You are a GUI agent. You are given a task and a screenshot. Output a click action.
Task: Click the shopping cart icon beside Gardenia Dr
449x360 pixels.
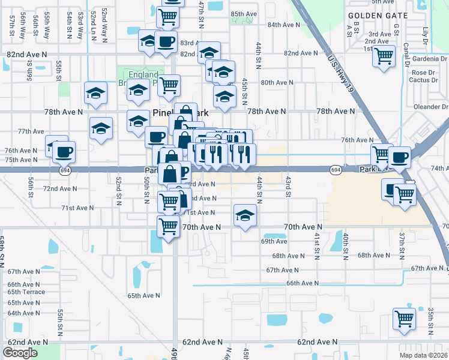pos(384,57)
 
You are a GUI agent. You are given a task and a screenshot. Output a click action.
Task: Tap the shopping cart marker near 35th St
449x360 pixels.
pos(404,319)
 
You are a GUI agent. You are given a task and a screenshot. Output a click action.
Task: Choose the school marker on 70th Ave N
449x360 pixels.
pos(244,217)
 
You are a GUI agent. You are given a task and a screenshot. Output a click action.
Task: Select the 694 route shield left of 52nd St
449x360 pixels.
pos(64,170)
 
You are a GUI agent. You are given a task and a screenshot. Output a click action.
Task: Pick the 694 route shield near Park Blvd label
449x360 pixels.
pos(336,170)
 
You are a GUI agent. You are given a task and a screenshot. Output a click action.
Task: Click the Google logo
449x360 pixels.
pos(20,353)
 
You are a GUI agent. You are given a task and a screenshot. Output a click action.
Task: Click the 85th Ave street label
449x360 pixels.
pos(244,14)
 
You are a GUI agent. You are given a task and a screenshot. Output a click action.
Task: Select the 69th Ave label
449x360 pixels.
pos(274,241)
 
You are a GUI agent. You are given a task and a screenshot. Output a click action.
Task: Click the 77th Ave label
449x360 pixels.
pos(31,131)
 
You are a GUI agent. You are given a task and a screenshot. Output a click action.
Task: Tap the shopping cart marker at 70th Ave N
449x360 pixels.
pos(168,227)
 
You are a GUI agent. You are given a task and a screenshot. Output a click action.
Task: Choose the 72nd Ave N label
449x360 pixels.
pos(60,188)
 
